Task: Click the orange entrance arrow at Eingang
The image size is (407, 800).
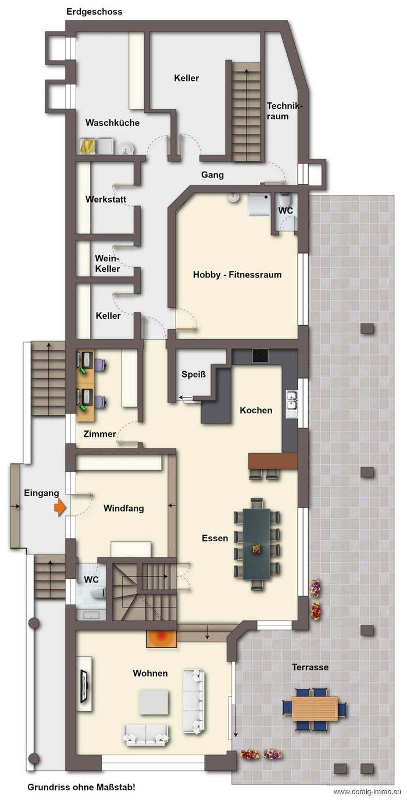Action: tap(60, 507)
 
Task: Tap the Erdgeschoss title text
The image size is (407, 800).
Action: tap(94, 12)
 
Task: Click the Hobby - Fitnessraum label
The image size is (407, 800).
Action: tap(237, 275)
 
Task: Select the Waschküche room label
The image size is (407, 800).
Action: tap(112, 123)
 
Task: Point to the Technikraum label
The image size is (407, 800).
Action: tap(284, 111)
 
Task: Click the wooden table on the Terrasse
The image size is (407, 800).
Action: tap(315, 708)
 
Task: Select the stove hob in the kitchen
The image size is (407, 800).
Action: tap(260, 355)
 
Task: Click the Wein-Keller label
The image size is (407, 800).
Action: tap(108, 263)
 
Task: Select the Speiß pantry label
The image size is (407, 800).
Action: tap(194, 374)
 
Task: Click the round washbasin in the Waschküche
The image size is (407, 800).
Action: tap(126, 148)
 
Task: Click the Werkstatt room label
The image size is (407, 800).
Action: tap(106, 200)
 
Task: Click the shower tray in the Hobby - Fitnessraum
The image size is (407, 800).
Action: tap(259, 205)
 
